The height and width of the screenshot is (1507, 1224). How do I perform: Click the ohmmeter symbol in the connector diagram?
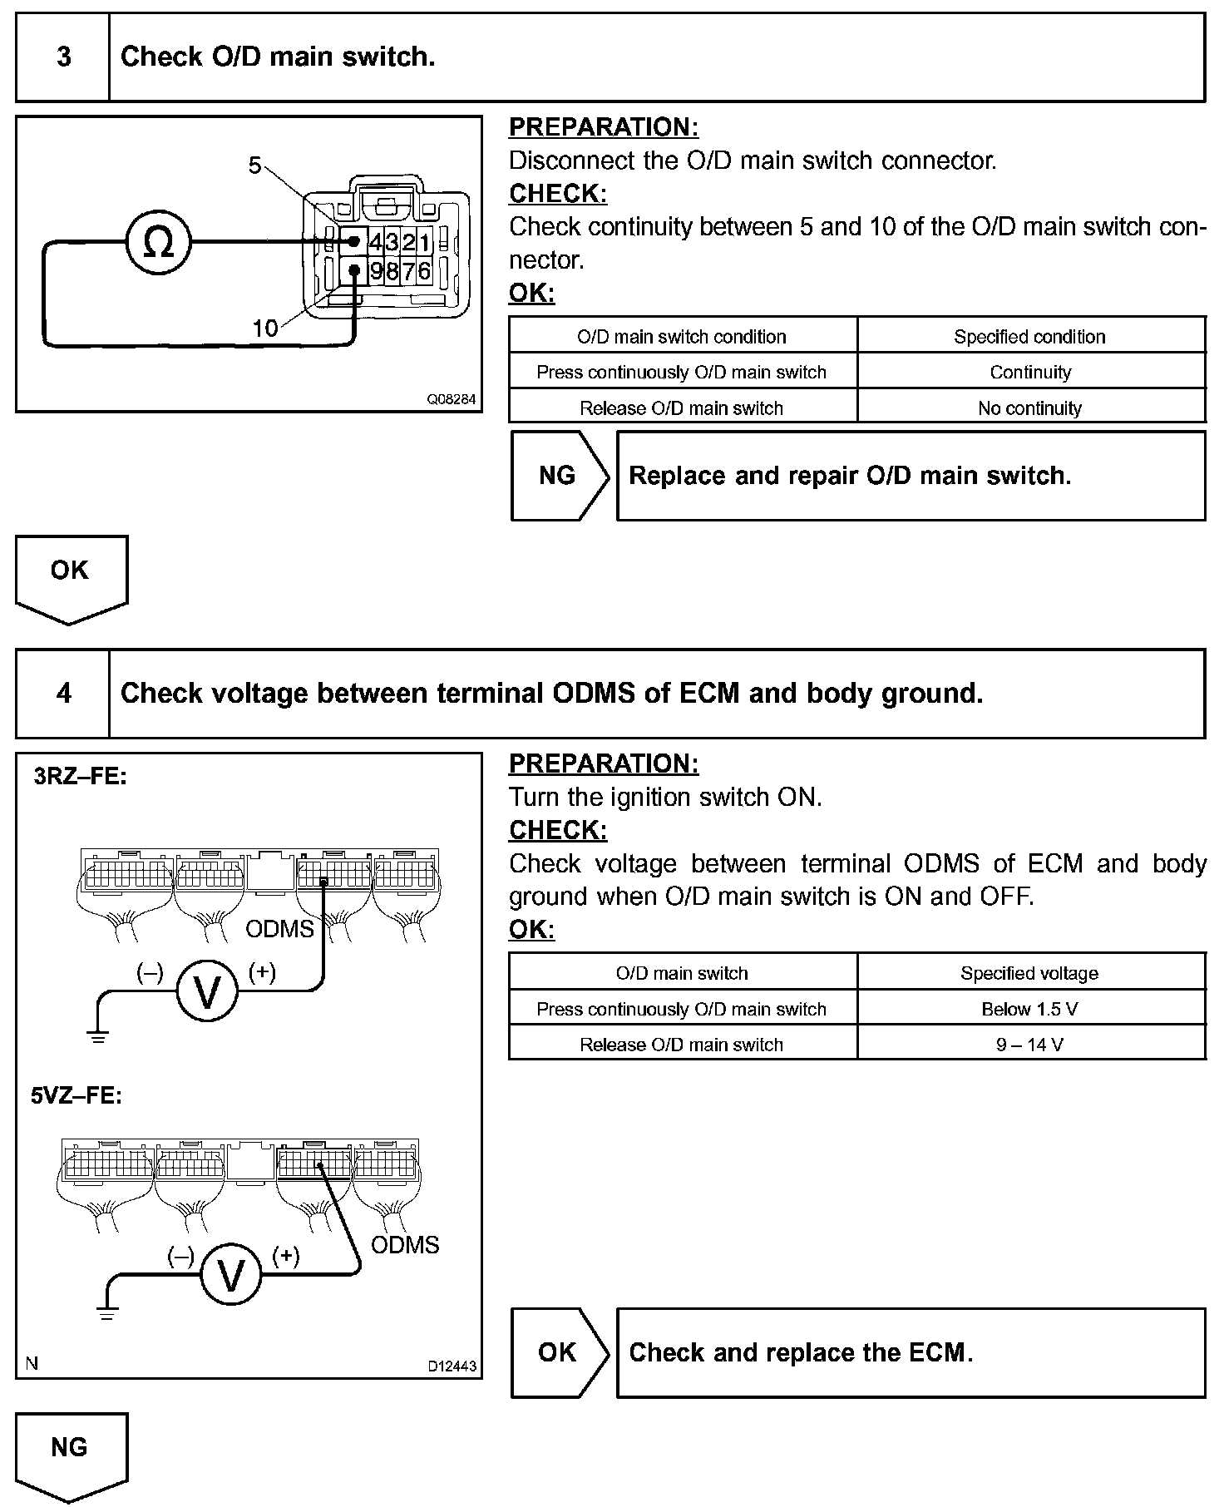click(x=158, y=243)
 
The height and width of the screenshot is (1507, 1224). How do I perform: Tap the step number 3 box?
click(x=63, y=57)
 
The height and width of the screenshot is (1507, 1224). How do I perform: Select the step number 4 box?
click(x=63, y=694)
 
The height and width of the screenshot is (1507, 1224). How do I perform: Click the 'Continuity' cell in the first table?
click(x=1030, y=372)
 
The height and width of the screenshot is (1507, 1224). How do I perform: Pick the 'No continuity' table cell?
click(x=1030, y=408)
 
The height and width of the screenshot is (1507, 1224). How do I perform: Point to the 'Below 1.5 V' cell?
click(x=1030, y=1009)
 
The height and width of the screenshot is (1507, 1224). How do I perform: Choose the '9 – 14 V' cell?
click(x=1030, y=1045)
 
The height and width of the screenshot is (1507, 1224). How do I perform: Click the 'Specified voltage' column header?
click(x=1030, y=973)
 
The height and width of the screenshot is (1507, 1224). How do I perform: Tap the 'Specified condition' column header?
click(x=1030, y=337)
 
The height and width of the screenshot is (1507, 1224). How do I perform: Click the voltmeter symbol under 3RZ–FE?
click(x=206, y=991)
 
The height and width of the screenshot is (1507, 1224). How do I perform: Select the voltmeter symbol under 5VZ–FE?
click(x=230, y=1273)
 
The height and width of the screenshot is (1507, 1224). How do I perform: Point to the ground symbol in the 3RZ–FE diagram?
click(x=98, y=1036)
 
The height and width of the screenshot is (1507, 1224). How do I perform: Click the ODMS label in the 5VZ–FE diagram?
click(x=405, y=1245)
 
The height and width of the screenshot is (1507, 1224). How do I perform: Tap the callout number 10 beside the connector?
click(x=264, y=329)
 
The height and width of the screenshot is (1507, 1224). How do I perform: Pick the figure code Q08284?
click(x=452, y=399)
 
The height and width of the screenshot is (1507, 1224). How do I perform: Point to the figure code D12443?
click(x=452, y=1366)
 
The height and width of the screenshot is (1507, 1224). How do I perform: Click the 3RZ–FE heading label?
click(x=80, y=777)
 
